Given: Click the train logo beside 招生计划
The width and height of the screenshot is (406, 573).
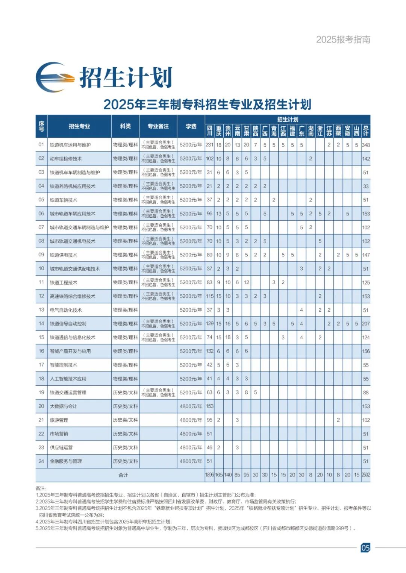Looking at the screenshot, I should tap(55, 77).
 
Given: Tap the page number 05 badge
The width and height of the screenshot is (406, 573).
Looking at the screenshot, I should tap(365, 547).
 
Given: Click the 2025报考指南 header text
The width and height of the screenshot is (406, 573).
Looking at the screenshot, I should tap(343, 39).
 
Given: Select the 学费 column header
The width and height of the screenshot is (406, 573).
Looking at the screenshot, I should tap(191, 126).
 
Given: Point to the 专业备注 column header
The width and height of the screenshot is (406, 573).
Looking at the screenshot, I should tap(158, 126).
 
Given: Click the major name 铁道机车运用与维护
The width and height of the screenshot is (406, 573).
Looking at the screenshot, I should tap(70, 145).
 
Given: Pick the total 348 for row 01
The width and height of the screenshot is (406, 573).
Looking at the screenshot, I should tap(366, 145).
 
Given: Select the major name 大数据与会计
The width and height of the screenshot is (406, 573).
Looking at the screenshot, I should tap(64, 406).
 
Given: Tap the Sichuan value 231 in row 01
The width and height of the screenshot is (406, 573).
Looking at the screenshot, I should tap(209, 145).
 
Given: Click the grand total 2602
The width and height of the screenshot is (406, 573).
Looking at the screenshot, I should tap(366, 475).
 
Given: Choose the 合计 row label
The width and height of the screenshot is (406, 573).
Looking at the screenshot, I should tap(123, 475).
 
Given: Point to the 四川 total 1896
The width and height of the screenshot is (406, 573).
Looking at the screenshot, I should tap(209, 475).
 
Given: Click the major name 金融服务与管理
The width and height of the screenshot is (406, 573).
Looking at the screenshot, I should tap(66, 461).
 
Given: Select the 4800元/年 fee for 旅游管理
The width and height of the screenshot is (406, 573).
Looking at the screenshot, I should tap(191, 420).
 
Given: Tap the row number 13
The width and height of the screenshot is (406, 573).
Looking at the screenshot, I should tap(41, 310).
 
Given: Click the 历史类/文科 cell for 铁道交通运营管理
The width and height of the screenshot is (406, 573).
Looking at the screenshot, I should tap(126, 393).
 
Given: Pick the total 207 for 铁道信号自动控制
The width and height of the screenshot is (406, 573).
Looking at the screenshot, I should tap(366, 323).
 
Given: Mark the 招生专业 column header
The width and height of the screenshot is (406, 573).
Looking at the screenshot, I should tap(79, 126).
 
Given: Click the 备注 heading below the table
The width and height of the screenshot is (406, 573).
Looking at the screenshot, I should tap(40, 488).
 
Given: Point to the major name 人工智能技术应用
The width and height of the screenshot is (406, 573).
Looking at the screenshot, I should tap(68, 379).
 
